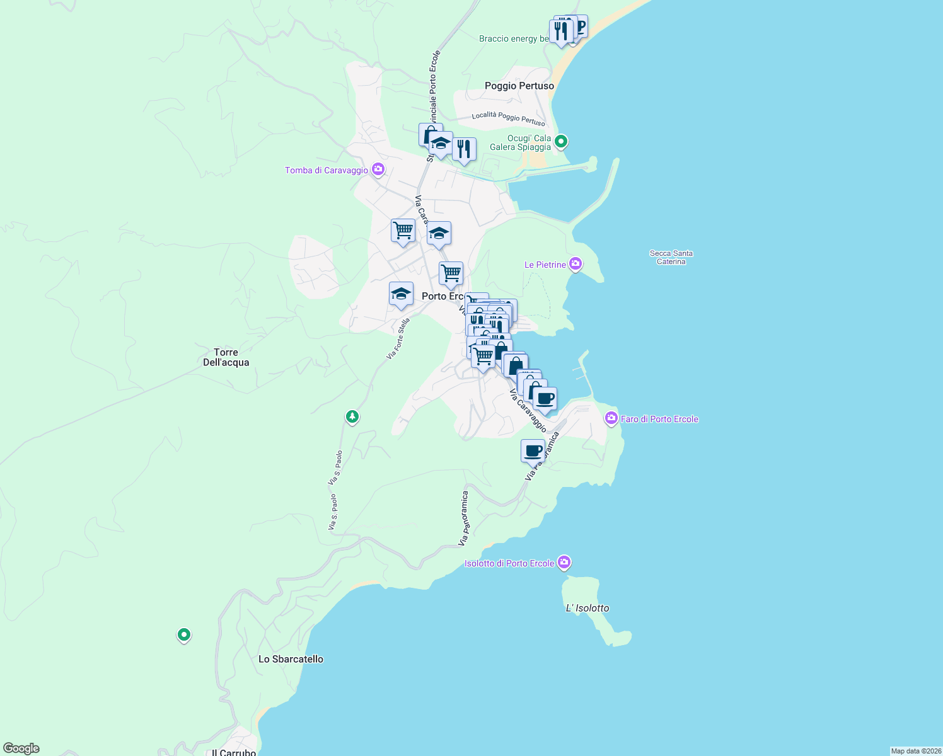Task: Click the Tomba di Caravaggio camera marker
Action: [378, 169]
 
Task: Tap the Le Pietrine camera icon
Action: [575, 264]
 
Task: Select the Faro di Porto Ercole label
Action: [659, 419]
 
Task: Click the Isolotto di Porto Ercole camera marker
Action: [564, 562]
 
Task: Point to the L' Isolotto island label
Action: [587, 608]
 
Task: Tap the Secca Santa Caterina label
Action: [671, 257]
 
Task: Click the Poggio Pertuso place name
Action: [519, 86]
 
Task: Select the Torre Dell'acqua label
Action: [226, 357]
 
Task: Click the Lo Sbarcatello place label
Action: [291, 659]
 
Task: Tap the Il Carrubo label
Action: [234, 752]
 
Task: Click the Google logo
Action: [21, 748]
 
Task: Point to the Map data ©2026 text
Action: [916, 751]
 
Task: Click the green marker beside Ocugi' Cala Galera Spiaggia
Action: [562, 142]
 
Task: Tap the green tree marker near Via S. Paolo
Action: [352, 416]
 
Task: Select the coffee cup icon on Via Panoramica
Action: [533, 451]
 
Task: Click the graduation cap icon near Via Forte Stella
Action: [401, 294]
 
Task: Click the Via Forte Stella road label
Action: [398, 339]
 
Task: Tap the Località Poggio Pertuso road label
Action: [508, 118]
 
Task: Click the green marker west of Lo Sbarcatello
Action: [183, 634]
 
